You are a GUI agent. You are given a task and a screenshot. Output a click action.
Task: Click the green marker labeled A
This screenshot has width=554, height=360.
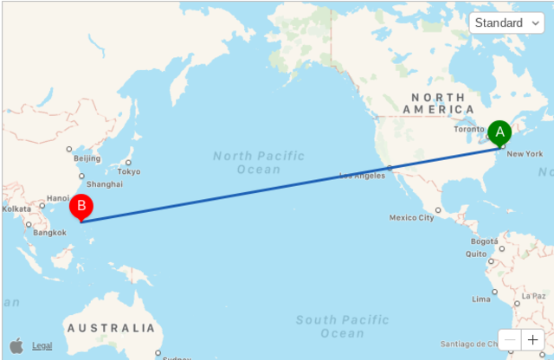coord(499,132)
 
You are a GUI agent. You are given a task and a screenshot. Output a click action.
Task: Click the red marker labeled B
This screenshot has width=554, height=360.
coord(81,206)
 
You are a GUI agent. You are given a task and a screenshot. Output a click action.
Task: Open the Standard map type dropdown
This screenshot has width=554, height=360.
coord(506,22)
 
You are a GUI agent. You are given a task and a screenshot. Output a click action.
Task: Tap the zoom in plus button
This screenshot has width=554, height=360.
coord(532,340)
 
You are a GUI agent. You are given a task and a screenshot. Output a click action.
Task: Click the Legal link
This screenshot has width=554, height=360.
coord(42,346)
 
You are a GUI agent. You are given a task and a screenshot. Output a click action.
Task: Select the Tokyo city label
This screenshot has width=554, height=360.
coord(129,171)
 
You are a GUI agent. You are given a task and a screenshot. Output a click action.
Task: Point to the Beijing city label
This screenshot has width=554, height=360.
coord(87,158)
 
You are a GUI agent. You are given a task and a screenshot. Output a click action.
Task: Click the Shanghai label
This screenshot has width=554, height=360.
coord(105,184)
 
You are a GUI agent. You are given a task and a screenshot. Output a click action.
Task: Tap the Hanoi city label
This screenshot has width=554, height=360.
coord(58,198)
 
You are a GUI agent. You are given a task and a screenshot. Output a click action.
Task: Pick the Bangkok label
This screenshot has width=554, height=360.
coord(49,232)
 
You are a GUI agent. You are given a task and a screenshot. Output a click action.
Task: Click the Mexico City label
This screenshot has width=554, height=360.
coord(412,217)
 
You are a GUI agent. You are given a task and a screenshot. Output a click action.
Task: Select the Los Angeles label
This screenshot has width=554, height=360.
coord(362,176)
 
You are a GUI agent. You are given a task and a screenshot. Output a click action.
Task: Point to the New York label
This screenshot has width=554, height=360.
coord(525,154)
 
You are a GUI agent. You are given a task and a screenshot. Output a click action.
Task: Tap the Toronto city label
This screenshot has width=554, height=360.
coord(469,130)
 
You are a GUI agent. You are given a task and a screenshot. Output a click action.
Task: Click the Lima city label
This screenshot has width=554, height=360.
coord(481,299)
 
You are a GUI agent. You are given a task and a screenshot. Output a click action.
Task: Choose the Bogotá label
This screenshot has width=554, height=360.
coord(485,241)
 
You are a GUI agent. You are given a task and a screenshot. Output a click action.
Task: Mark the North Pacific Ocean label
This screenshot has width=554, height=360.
coord(259,162)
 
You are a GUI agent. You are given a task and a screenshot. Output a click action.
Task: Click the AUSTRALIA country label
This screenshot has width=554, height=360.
coord(111,328)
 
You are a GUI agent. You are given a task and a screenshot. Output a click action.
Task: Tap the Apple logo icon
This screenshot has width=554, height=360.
coord(16,345)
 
